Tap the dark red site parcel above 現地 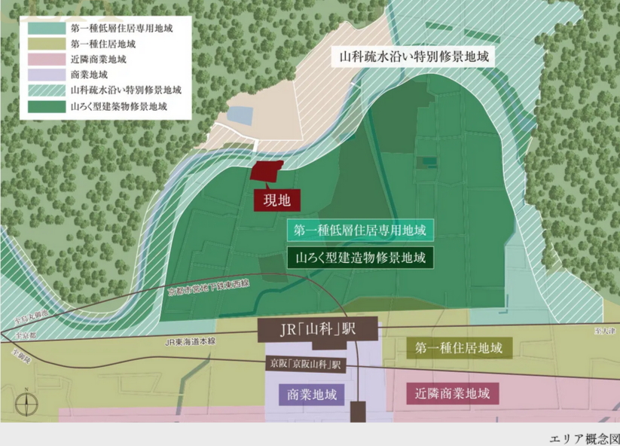268,171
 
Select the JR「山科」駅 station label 316,331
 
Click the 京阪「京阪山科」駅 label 306,363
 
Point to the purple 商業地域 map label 311,394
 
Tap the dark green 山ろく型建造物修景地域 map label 359,256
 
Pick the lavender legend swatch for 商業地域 47,75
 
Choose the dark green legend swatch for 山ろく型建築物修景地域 47,106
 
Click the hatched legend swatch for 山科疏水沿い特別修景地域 47,90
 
